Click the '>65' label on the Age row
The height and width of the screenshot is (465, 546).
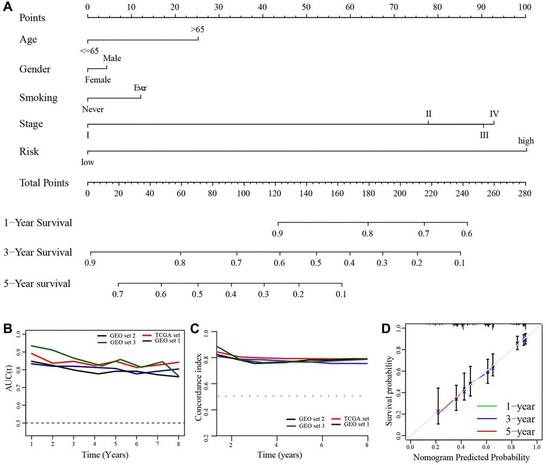pyautogui.click(x=197, y=30)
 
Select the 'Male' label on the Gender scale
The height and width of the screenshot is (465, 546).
pyautogui.click(x=112, y=58)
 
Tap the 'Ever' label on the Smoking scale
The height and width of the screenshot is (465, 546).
pyautogui.click(x=141, y=87)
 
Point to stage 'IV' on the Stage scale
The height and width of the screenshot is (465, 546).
pyautogui.click(x=494, y=114)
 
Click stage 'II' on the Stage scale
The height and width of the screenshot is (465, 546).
pyautogui.click(x=429, y=114)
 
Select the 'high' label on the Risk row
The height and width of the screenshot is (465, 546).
pyautogui.click(x=526, y=141)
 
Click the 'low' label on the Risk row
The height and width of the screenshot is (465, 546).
pyautogui.click(x=88, y=161)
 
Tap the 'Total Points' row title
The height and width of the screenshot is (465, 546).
pyautogui.click(x=44, y=183)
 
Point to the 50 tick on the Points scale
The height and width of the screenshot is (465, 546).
pyautogui.click(x=306, y=7)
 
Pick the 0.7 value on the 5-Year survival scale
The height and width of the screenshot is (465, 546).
pyautogui.click(x=118, y=294)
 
